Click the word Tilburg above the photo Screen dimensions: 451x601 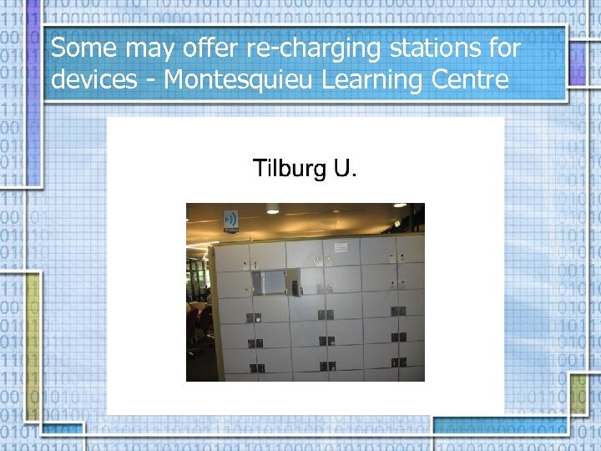coord(290,170)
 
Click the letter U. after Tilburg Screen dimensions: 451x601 coord(344,170)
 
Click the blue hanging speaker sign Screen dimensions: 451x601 coord(230,220)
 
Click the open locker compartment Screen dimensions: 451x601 coord(269,281)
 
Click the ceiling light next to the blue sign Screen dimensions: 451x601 coord(272,209)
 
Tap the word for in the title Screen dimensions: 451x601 coord(504,48)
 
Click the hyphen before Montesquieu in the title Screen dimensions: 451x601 coord(153,82)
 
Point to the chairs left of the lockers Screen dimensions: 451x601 coord(198,322)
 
